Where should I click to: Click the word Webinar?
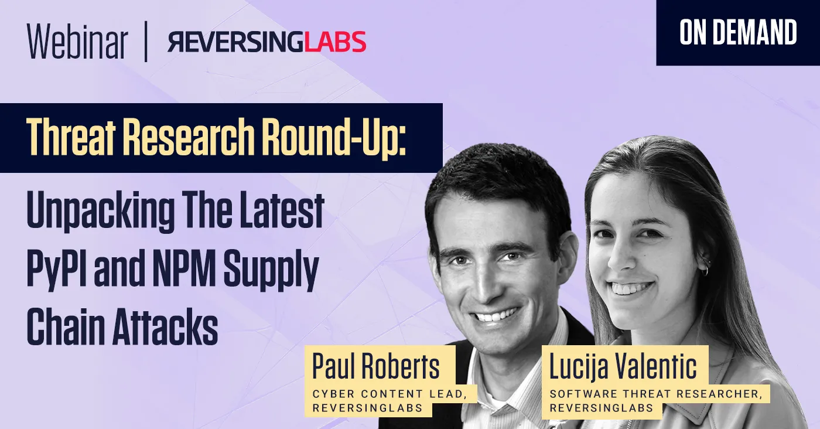click(x=77, y=42)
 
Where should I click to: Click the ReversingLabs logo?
click(x=267, y=42)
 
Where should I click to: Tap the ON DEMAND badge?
click(x=738, y=33)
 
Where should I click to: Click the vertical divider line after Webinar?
click(x=145, y=42)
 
